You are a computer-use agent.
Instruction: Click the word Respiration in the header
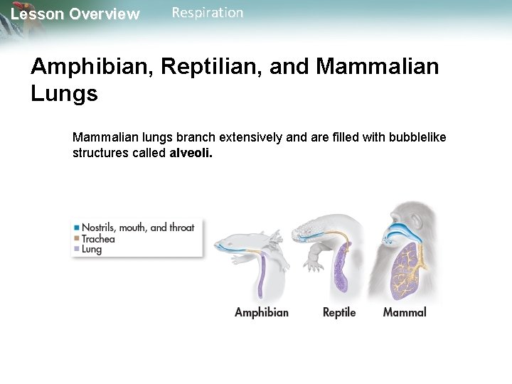(x=207, y=13)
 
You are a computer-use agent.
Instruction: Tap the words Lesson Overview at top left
(x=75, y=14)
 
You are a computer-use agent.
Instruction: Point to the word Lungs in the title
(x=64, y=94)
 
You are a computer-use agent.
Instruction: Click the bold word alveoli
(x=191, y=153)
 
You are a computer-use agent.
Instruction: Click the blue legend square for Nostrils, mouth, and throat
(x=76, y=228)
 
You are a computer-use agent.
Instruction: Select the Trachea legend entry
(x=98, y=239)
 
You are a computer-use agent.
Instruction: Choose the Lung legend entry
(x=92, y=250)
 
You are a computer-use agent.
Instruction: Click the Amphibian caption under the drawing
(x=262, y=312)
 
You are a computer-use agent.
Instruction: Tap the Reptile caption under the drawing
(x=339, y=312)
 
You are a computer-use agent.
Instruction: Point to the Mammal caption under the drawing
(x=405, y=312)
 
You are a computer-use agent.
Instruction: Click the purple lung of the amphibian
(x=261, y=277)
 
